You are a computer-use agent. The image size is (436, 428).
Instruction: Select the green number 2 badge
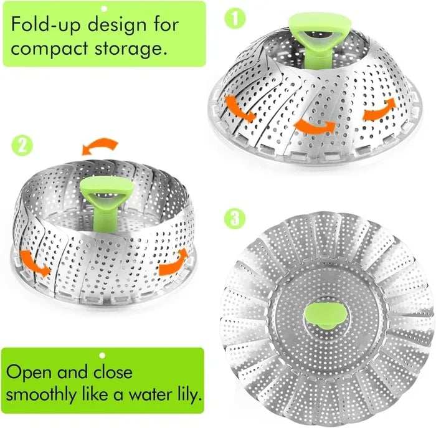tap(21, 147)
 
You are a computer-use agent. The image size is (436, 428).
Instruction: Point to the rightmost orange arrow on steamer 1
tap(379, 108)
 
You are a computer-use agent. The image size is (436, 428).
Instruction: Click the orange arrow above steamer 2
tap(100, 147)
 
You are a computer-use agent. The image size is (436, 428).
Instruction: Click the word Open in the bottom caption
tap(30, 372)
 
